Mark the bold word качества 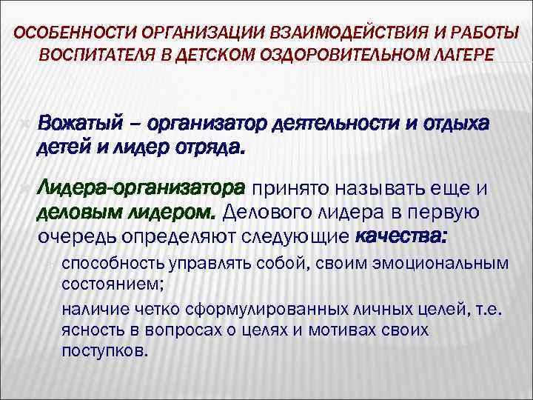click(402, 237)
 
